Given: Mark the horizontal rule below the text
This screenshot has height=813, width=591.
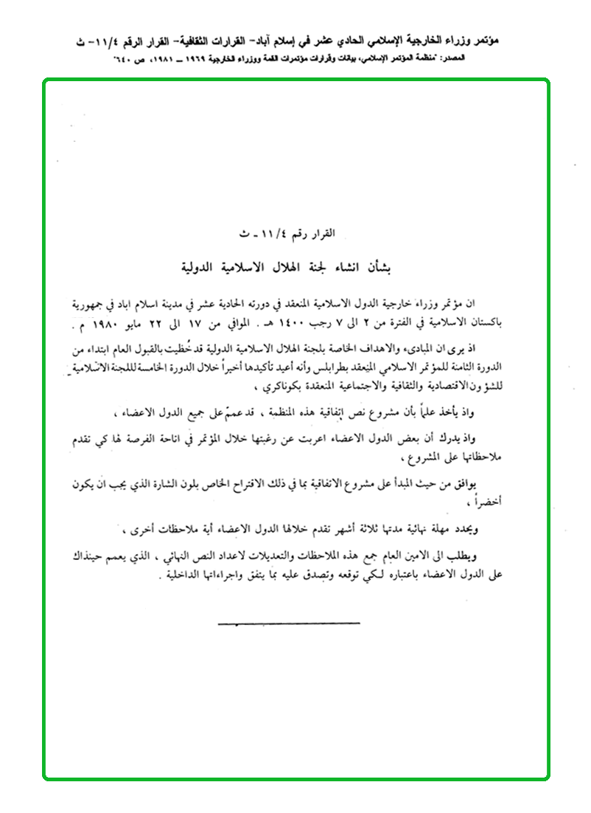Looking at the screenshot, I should (x=289, y=623).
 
